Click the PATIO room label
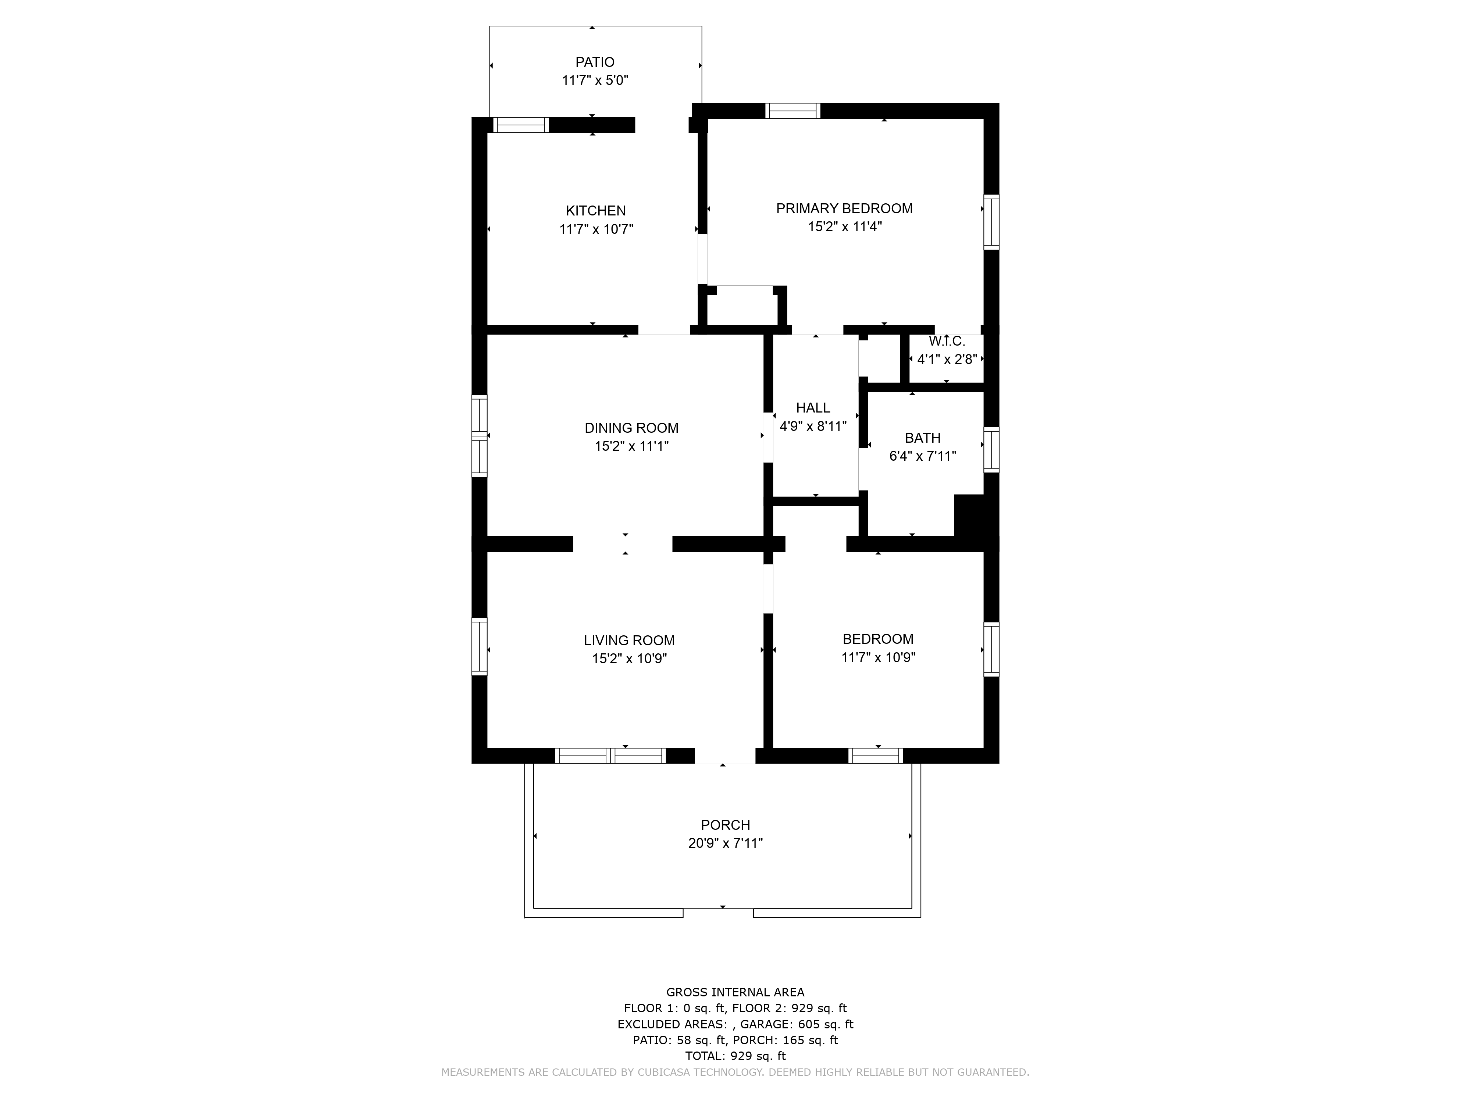pos(595,62)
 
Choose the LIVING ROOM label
pos(629,640)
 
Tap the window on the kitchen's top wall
pos(521,125)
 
